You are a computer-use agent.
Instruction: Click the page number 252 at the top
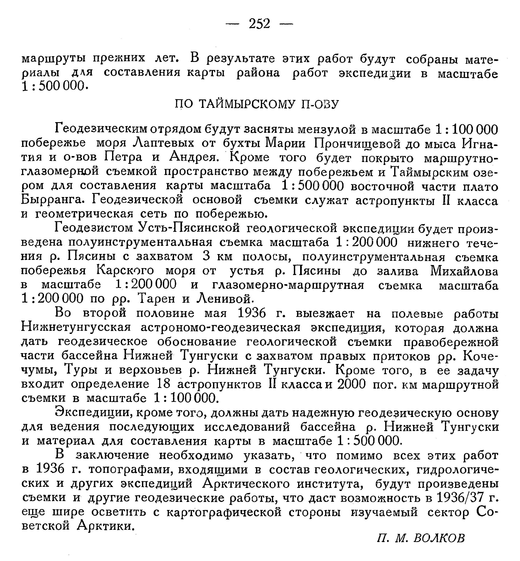tap(259, 24)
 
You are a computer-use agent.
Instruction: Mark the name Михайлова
tap(464, 271)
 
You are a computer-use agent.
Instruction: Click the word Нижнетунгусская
tap(76, 327)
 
